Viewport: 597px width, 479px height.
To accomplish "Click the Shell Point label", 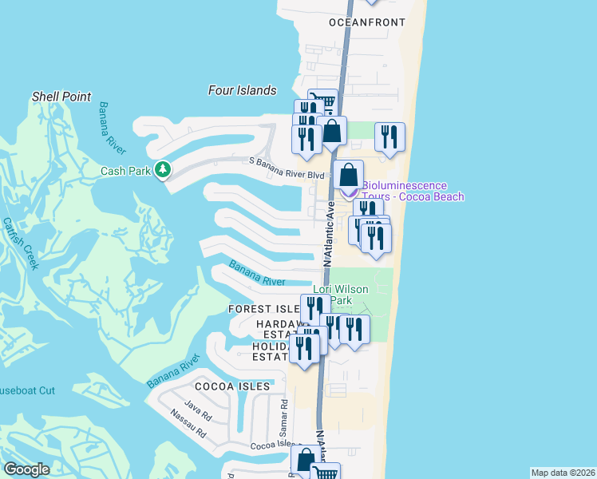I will click(61, 97).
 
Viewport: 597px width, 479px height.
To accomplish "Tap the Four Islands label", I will click(242, 90).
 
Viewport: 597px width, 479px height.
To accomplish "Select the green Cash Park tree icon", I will click(163, 169).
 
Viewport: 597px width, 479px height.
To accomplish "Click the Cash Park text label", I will click(125, 170).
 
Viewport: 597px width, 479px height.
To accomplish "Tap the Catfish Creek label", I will click(21, 243).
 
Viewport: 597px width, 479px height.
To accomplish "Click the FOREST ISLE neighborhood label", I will click(263, 308).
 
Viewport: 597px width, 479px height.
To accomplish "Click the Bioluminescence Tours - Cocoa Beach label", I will click(413, 191).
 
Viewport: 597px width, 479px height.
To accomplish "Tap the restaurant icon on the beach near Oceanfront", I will click(389, 137).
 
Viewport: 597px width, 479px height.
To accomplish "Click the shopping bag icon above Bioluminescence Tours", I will click(348, 175).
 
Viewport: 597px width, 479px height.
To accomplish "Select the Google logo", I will click(26, 469).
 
